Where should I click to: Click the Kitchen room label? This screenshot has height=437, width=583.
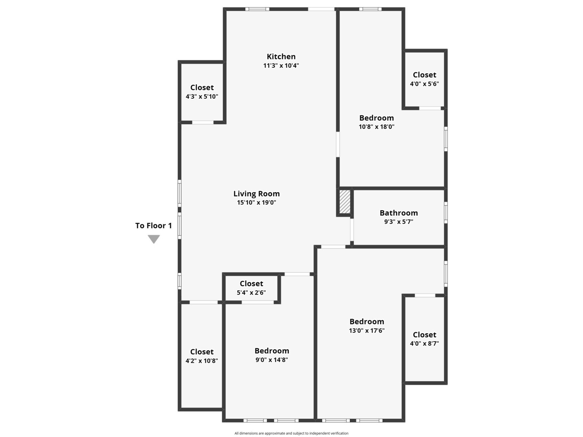(x=281, y=56)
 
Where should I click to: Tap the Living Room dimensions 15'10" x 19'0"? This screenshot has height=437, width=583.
(x=256, y=202)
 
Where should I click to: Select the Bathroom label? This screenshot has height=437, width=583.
(x=399, y=213)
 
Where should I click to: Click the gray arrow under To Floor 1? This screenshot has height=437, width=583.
(x=154, y=239)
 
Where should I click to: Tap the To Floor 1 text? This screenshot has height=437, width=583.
(x=153, y=225)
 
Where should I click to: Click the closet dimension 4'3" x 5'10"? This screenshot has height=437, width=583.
(x=202, y=96)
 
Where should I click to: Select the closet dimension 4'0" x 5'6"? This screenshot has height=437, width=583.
(x=424, y=84)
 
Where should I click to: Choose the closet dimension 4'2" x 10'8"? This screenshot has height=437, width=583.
(x=201, y=361)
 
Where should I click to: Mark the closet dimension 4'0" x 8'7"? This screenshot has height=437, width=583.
(x=424, y=343)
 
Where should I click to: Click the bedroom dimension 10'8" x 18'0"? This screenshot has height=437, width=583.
(x=376, y=127)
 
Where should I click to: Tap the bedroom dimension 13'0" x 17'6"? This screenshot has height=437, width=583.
(x=367, y=330)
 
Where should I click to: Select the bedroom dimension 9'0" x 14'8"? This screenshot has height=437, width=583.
(x=272, y=359)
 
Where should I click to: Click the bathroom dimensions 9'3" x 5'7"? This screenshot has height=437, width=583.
(x=399, y=221)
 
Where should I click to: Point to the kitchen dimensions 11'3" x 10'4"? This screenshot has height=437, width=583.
(x=281, y=65)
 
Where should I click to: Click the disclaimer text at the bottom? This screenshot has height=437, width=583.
(x=291, y=433)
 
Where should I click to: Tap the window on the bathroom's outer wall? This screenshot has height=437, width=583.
(x=446, y=213)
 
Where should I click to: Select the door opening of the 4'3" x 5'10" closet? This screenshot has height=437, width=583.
(x=203, y=122)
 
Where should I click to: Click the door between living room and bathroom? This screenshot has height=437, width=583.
(x=352, y=229)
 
